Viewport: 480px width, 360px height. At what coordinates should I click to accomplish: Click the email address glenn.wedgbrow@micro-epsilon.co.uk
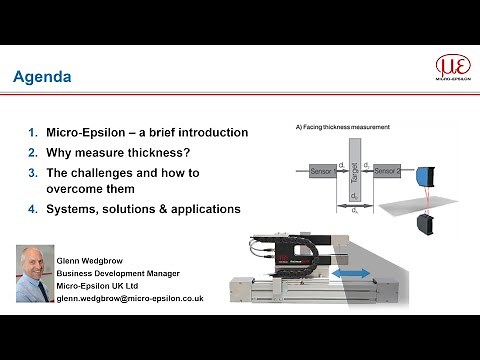tap(131, 298)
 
